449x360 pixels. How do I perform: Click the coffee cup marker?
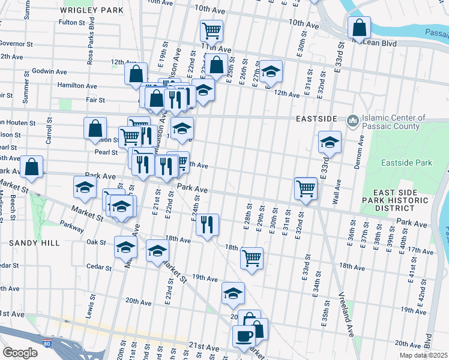click(244, 336)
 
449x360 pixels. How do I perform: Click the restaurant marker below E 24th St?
click(207, 225)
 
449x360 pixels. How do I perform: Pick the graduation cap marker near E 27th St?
click(271, 71)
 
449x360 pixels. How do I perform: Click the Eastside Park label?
click(406, 163)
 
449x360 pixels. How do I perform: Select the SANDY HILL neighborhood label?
click(34, 243)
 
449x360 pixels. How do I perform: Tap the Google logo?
click(20, 353)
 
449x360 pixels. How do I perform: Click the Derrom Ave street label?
click(361, 148)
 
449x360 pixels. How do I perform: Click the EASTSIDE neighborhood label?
click(316, 119)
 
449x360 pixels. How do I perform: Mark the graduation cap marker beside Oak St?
click(125, 247)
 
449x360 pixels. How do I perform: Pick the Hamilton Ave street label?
click(77, 86)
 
